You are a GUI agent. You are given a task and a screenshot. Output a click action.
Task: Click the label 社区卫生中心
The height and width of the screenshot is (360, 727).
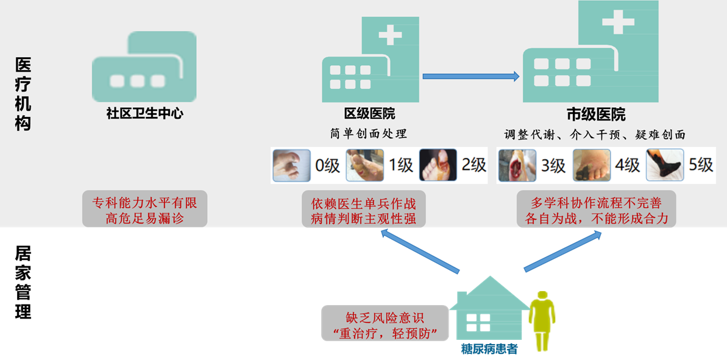click(144, 113)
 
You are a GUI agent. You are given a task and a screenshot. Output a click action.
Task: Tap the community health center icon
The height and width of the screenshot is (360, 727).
click(144, 67)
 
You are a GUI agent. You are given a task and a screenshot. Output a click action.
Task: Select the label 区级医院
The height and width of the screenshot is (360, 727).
click(369, 113)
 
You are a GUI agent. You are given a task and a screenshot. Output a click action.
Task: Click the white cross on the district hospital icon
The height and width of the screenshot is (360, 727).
click(390, 35)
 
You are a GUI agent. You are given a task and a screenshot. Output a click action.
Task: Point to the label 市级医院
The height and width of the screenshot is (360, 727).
click(596, 115)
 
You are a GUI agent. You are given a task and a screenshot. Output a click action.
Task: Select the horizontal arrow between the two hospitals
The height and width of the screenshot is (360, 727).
click(470, 76)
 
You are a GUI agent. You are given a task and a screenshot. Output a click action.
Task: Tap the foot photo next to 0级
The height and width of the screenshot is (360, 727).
click(291, 166)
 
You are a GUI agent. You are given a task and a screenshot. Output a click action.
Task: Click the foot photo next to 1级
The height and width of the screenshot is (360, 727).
click(364, 166)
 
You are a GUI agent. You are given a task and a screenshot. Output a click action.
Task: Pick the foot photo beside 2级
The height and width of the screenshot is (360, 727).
click(438, 166)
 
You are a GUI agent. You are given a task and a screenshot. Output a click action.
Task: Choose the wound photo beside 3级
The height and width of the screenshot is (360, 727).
click(517, 166)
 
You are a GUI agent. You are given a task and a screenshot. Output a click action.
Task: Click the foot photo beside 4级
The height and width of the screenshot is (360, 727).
click(591, 166)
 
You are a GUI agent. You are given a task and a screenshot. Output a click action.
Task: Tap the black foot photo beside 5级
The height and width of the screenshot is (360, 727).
click(665, 166)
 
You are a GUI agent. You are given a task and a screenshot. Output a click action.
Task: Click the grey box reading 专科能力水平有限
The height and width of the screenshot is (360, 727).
click(145, 209)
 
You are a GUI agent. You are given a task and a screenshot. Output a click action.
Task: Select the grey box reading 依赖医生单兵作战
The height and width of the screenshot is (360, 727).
click(363, 210)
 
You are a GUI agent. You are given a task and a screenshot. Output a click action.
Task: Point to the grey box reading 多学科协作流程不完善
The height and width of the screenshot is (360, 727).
click(596, 210)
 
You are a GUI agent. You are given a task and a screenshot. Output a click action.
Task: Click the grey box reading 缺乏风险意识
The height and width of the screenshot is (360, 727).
click(385, 323)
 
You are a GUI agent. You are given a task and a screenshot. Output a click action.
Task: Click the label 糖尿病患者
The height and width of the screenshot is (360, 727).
click(489, 350)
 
